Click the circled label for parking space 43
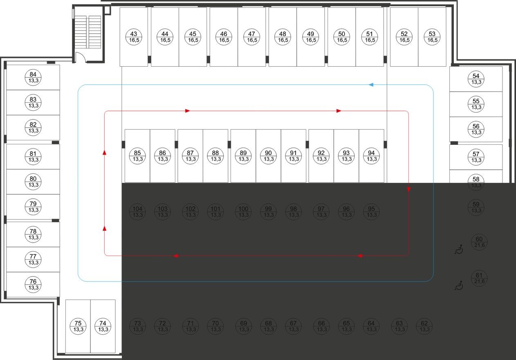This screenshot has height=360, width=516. pyautogui.click(x=134, y=37)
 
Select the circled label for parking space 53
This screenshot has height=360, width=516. pyautogui.click(x=433, y=37)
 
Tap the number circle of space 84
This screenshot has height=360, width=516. pyautogui.click(x=33, y=77)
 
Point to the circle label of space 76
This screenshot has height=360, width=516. pyautogui.click(x=33, y=284)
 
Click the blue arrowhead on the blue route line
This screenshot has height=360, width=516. pyautogui.click(x=371, y=85)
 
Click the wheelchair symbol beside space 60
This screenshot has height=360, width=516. pyautogui.click(x=459, y=249)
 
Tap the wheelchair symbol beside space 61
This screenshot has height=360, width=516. pyautogui.click(x=459, y=286)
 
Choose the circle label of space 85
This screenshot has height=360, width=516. pyautogui.click(x=137, y=156)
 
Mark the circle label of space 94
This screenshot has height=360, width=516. pyautogui.click(x=371, y=156)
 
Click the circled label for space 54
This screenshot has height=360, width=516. pyautogui.click(x=476, y=79)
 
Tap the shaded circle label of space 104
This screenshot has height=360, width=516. pyautogui.click(x=138, y=211)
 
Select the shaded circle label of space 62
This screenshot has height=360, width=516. pyautogui.click(x=424, y=326)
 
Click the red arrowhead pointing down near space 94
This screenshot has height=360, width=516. pyautogui.click(x=409, y=189)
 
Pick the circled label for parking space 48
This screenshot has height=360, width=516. pyautogui.click(x=283, y=37)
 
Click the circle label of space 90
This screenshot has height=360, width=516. pyautogui.click(x=268, y=156)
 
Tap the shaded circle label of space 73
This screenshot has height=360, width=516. pyautogui.click(x=138, y=326)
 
